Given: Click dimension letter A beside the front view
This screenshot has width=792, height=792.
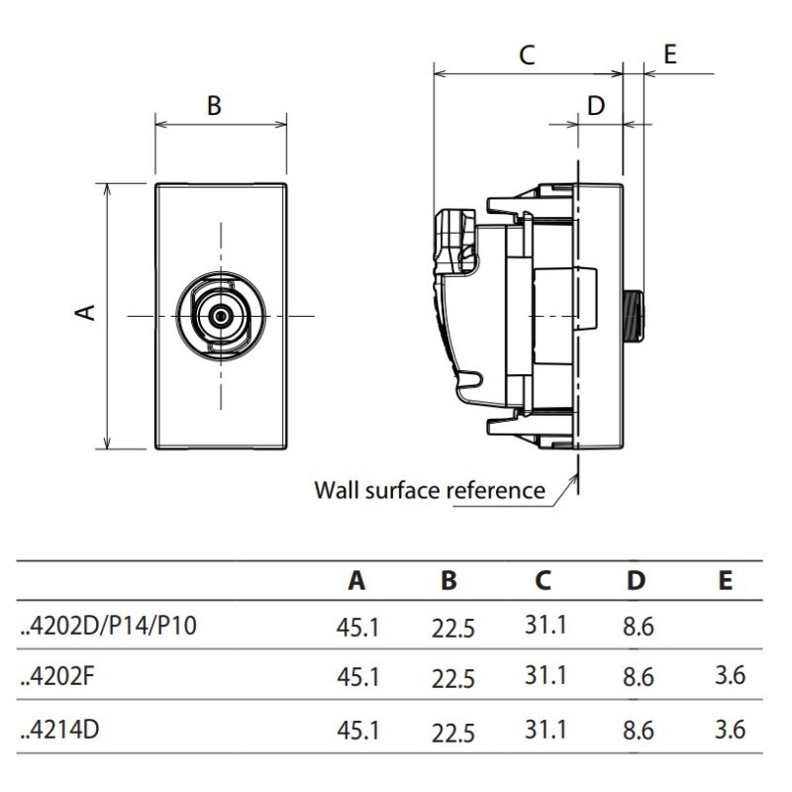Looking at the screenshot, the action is point(85,312).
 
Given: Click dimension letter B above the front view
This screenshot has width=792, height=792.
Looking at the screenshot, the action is point(214,106).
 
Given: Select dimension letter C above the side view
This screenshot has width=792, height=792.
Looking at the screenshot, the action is point(527,54).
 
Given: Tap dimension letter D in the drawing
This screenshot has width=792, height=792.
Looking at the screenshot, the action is point(596,106).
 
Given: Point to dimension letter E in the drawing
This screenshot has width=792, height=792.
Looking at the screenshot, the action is point(670,54).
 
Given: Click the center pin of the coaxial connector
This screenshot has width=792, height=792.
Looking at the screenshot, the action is point(221,316).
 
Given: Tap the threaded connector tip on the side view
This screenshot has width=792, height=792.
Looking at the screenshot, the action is point(634,316).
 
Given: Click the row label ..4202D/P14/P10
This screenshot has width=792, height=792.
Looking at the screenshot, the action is point(109,626).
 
